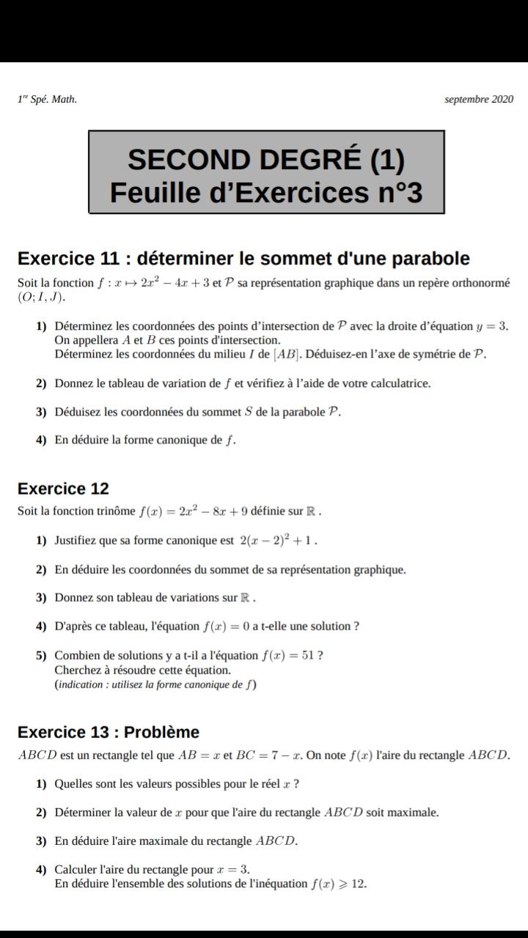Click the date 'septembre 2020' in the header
tap(479, 100)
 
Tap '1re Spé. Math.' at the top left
tap(47, 100)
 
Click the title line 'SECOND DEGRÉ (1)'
tap(266, 159)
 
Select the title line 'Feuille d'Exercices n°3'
tap(266, 193)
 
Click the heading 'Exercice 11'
tap(68, 259)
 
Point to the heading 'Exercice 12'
tap(63, 489)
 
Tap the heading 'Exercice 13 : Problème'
tap(109, 732)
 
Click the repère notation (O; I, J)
tap(42, 298)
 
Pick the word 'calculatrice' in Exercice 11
tap(400, 383)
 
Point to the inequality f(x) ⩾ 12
tap(338, 884)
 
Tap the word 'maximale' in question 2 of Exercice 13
tap(414, 813)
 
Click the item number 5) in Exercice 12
tap(41, 655)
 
